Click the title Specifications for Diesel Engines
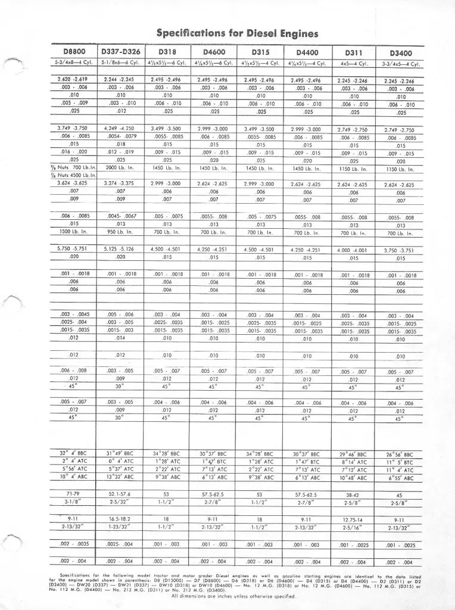point(237,33)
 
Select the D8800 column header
point(73,52)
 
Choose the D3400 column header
point(400,53)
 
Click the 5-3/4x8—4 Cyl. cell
point(73,63)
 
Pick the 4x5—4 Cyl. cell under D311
point(354,63)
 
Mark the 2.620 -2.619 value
point(73,79)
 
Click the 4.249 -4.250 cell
point(119,128)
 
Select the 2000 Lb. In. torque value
point(120,167)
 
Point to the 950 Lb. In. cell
point(120,231)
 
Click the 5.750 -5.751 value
point(73,248)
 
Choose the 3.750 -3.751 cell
point(400,251)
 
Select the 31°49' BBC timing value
point(120,453)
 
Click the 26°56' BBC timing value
point(400,454)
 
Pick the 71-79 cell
point(73,494)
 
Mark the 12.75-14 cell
point(354,519)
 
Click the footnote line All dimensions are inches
point(233,596)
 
